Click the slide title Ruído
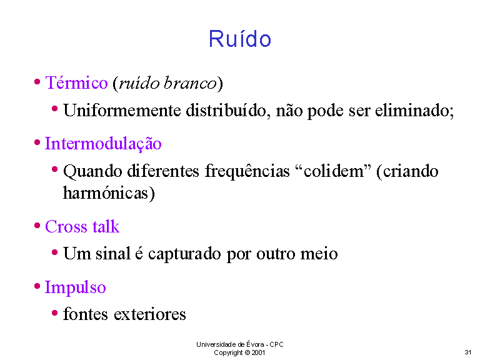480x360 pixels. (x=240, y=39)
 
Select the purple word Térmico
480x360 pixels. (x=76, y=82)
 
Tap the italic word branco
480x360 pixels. (x=190, y=82)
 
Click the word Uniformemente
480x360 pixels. (x=122, y=110)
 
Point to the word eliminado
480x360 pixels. (x=414, y=110)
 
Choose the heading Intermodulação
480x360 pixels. (x=103, y=144)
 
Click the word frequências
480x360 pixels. (x=247, y=171)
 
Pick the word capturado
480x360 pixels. (x=184, y=254)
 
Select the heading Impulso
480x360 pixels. (x=75, y=287)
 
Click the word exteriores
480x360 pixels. (x=150, y=314)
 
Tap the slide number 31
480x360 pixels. (x=467, y=352)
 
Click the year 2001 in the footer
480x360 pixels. (x=258, y=352)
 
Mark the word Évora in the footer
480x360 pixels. (x=255, y=344)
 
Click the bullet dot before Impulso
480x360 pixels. (x=37, y=286)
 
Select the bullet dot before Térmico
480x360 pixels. (x=37, y=82)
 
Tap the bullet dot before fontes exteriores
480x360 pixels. (x=55, y=313)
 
